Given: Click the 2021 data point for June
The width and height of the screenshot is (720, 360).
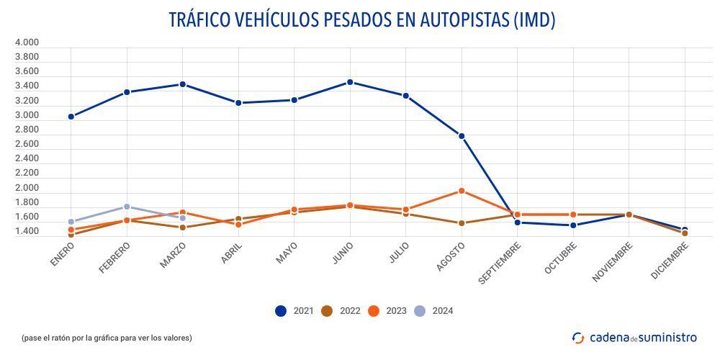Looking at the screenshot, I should click(x=350, y=82).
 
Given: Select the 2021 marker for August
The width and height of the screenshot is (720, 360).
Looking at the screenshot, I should click(x=462, y=136).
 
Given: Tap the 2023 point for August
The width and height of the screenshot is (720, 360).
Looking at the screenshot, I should click(x=462, y=191).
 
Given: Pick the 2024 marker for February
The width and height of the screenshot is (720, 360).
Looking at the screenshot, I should click(x=127, y=207).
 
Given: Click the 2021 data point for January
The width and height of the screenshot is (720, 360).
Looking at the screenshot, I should click(x=71, y=117).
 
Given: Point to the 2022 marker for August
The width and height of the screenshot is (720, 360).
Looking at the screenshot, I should click(x=462, y=223).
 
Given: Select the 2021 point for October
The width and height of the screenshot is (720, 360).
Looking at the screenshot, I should click(x=573, y=225).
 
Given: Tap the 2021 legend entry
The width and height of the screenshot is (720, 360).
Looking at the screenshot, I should click(x=294, y=311).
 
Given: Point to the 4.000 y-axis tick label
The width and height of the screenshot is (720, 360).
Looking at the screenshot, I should click(x=27, y=42).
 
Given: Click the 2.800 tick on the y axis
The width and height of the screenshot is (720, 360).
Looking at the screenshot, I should click(x=27, y=130).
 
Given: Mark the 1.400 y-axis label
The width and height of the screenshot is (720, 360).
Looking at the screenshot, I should click(x=27, y=231).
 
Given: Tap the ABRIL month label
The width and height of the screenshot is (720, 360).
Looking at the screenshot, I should click(x=232, y=253).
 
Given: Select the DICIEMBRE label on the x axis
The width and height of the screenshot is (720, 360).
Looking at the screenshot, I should click(x=669, y=261).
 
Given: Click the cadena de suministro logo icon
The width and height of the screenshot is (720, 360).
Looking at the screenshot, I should click(x=578, y=338).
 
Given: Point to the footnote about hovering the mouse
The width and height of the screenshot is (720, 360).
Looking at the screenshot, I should click(x=107, y=338).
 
